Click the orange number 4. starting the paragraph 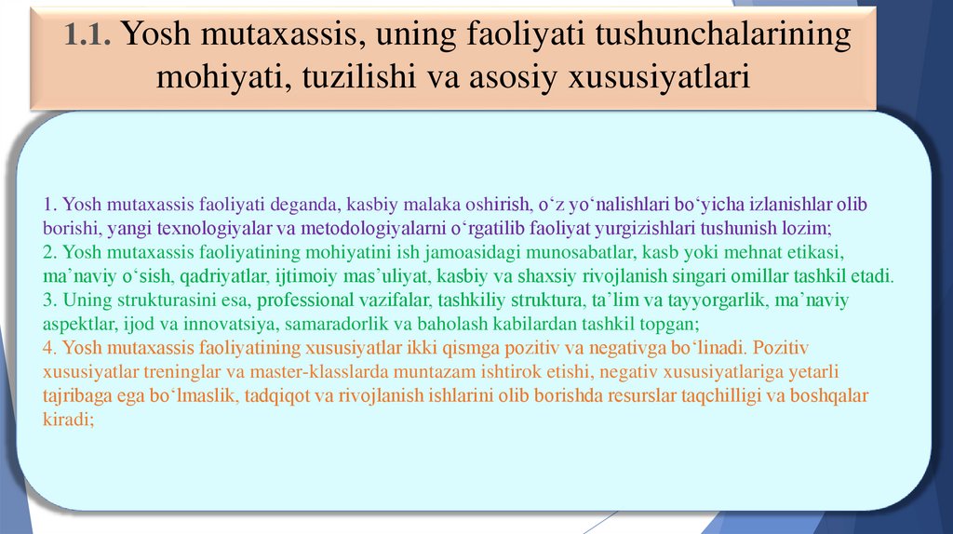pyautogui.click(x=51, y=348)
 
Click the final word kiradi pyautogui.click(x=69, y=421)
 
